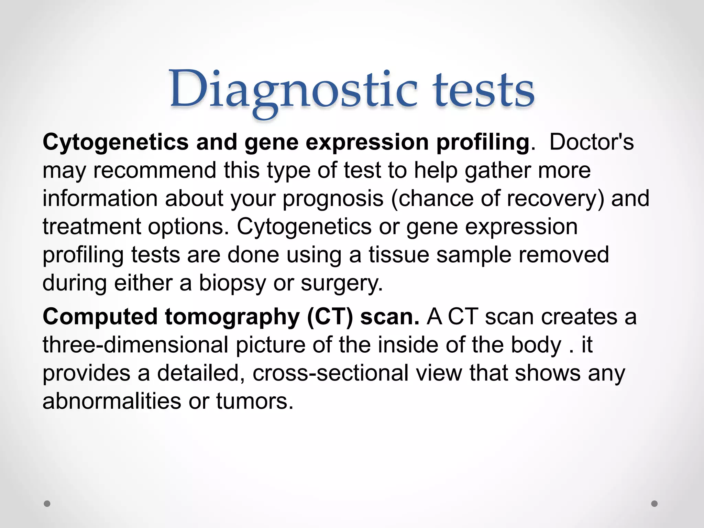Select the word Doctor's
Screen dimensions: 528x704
[x=591, y=142]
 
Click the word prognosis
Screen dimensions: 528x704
[x=333, y=199]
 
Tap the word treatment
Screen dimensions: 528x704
[x=91, y=227]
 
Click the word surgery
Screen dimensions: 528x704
[x=341, y=283]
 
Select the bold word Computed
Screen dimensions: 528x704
[x=100, y=317]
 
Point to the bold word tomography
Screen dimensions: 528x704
[x=232, y=317]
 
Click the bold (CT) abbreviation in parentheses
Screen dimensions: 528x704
[x=330, y=317]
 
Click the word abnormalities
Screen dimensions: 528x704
[x=111, y=401]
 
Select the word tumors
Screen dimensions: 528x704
[x=255, y=401]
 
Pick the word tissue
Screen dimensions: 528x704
[x=399, y=255]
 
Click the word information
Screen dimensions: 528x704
[x=100, y=199]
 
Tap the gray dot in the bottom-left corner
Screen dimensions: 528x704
[x=47, y=504]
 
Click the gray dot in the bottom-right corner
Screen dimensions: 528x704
[x=654, y=504]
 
